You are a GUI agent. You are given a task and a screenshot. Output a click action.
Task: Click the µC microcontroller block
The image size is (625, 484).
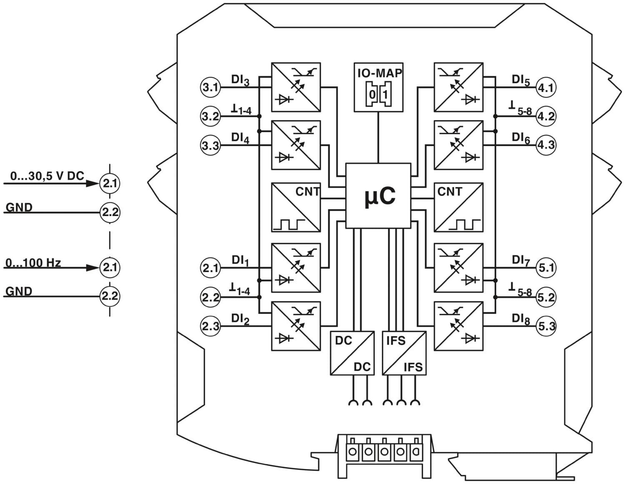click(378, 196)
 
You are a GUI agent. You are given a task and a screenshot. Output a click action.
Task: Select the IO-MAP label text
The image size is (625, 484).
click(379, 73)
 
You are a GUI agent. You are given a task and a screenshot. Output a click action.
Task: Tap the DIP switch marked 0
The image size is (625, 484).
click(372, 94)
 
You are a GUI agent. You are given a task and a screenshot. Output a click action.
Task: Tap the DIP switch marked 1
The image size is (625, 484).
click(385, 94)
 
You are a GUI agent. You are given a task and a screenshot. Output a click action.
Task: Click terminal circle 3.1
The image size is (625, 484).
click(210, 87)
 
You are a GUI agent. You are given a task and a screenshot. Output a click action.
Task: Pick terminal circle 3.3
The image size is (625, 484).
click(210, 145)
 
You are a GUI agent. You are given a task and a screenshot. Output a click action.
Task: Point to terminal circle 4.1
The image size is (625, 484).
click(546, 87)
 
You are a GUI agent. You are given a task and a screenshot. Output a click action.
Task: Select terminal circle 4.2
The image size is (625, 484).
click(546, 116)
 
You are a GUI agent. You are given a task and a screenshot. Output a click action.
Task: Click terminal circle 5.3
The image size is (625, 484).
click(546, 326)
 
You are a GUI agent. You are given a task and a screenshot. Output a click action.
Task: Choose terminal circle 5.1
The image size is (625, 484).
click(546, 268)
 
